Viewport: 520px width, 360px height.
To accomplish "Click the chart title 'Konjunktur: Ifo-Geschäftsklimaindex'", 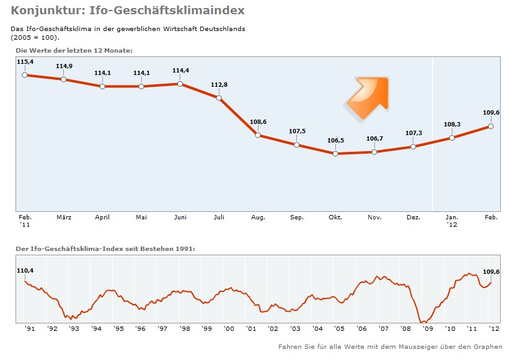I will click(128, 11).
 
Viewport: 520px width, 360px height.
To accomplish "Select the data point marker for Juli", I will click(219, 97).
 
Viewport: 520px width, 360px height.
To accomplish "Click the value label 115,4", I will click(25, 62).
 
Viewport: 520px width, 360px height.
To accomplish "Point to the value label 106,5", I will click(335, 141).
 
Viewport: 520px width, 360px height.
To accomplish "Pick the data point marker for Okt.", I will click(335, 153).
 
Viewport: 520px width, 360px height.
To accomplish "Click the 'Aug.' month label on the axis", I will click(258, 217).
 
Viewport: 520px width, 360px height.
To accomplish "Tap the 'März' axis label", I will click(64, 217).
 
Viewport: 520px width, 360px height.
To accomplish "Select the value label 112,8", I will click(219, 84).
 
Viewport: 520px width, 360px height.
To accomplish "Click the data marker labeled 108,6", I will click(258, 134).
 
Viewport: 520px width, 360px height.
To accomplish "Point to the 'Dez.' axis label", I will click(413, 217).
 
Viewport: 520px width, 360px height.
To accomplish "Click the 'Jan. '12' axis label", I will click(452, 221).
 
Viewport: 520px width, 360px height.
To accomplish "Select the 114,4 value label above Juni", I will click(180, 71).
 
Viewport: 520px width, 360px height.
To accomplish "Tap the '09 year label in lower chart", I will click(427, 328).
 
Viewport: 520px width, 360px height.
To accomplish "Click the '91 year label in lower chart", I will click(30, 328).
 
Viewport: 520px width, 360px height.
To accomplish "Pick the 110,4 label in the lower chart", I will click(25, 271).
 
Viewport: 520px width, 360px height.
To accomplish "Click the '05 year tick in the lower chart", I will click(339, 328).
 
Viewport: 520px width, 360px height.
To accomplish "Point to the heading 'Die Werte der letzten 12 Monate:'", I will click(74, 50).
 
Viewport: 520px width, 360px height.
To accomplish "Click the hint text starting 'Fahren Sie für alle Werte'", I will click(390, 346).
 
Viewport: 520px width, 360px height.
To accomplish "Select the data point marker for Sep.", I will click(297, 145).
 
